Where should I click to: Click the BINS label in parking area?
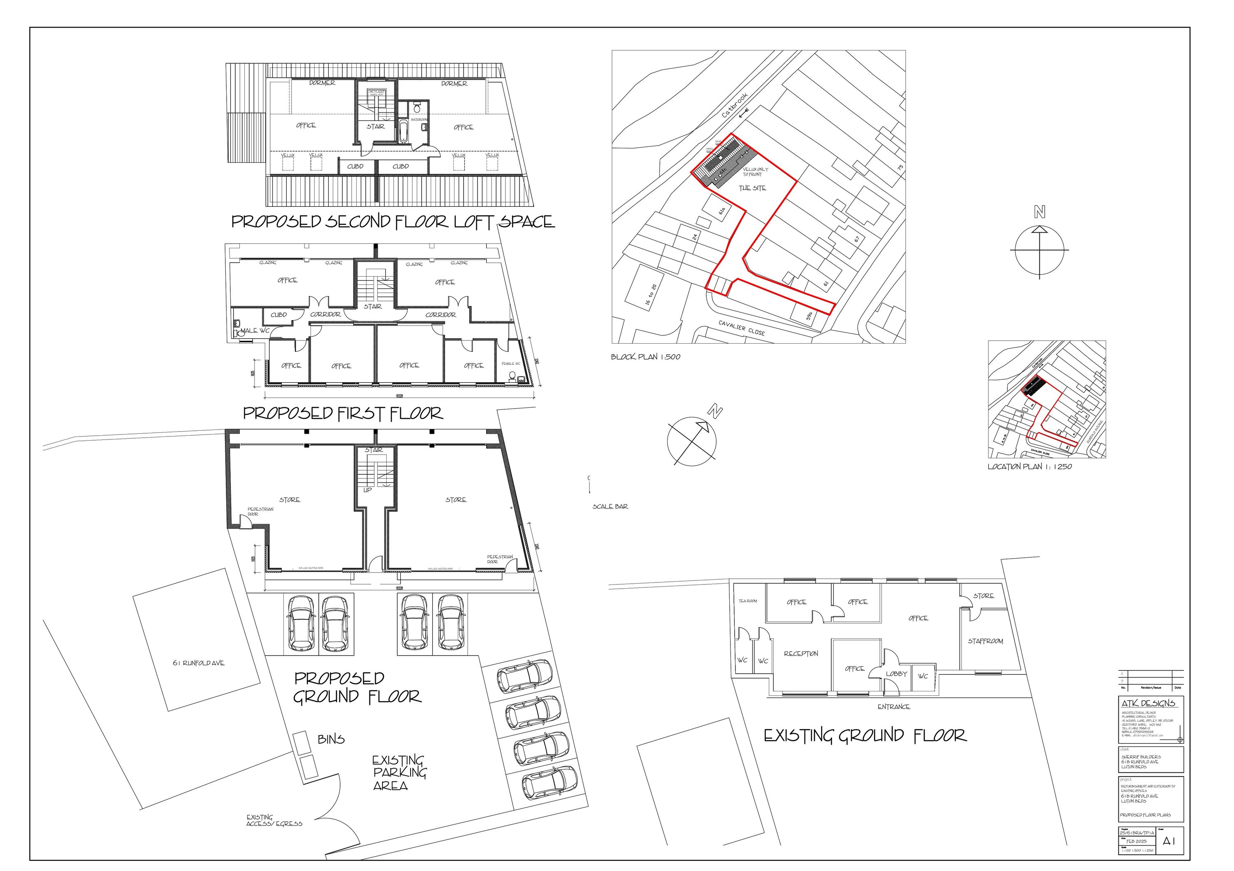pos(331,739)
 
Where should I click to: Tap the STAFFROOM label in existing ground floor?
pos(985,641)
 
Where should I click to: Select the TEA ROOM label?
pos(748,601)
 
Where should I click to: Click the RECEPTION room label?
pos(801,654)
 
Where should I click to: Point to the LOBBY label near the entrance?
pos(896,673)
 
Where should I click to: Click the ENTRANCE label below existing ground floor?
pos(894,707)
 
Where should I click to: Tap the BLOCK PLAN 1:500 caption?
pos(645,356)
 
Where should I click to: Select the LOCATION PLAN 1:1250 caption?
pos(1029,466)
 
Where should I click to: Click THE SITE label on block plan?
pos(752,188)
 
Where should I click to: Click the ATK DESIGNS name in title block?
pos(1148,703)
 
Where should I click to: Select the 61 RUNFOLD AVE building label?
pos(198,663)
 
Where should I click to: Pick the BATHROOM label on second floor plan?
pos(419,119)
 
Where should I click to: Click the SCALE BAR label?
pos(610,506)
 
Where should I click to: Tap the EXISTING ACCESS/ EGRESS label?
pos(274,820)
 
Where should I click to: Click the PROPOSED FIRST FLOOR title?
pos(343,413)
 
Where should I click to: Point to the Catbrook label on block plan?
pos(734,105)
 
